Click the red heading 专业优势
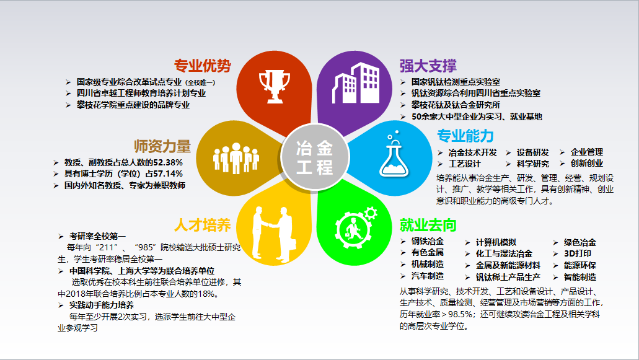tap(203, 66)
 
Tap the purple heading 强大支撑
tap(428, 66)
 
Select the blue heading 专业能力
tap(465, 136)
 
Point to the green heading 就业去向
tap(428, 225)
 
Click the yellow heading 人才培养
tap(203, 225)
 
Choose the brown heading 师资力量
tap(162, 146)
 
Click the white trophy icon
tap(275, 86)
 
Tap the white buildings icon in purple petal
tap(356, 84)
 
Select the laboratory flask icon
tap(394, 154)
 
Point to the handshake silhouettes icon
tap(273, 234)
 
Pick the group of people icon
tap(236, 158)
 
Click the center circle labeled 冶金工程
tap(315, 157)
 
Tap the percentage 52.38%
tap(168, 162)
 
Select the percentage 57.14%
tap(168, 174)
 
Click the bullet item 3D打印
tap(578, 253)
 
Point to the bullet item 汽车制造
tap(428, 276)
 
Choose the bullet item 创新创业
tap(587, 164)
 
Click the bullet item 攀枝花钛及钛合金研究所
tap(456, 105)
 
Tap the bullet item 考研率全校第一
tap(97, 236)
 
